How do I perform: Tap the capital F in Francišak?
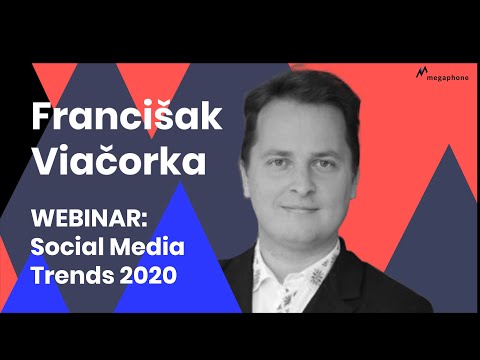42,115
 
